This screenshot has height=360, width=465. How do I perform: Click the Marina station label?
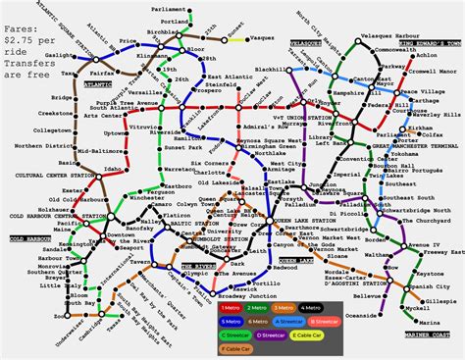(423, 322)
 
